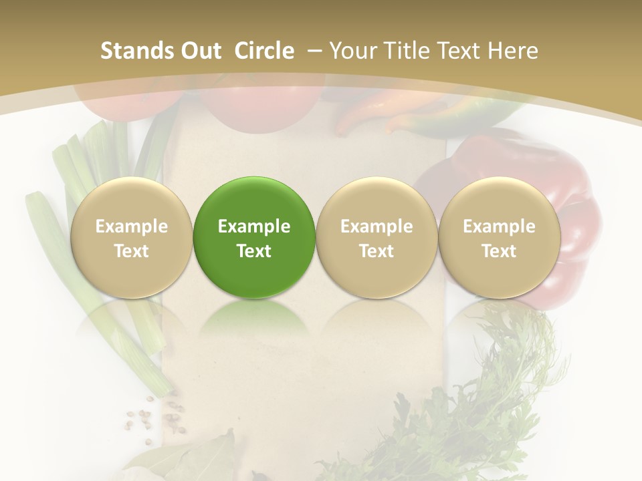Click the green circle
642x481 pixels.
(254, 237)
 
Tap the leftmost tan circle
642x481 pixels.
(131, 237)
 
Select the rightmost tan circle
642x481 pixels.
(499, 237)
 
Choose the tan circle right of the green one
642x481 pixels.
(377, 237)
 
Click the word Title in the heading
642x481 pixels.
(429, 51)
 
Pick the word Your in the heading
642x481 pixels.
(352, 51)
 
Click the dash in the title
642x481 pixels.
(312, 51)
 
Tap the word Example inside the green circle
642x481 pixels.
(254, 226)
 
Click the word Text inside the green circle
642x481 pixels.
(254, 251)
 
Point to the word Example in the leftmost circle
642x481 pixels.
(131, 226)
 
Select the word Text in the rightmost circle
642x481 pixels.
(499, 251)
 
